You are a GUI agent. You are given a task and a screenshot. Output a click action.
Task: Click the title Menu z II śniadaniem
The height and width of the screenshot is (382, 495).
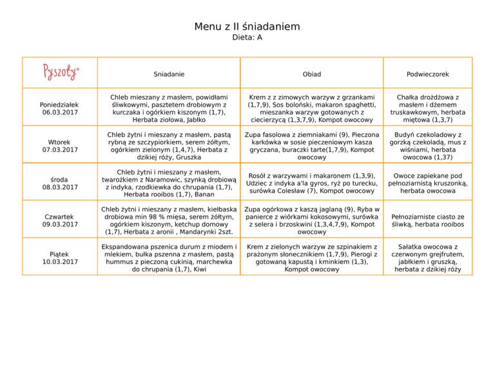click(247, 27)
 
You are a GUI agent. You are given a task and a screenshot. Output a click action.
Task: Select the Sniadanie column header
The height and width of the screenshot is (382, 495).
click(169, 73)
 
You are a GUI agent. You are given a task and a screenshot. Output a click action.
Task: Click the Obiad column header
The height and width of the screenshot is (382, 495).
click(312, 73)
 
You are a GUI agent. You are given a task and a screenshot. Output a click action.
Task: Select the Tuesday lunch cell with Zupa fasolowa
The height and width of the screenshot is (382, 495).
click(312, 146)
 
